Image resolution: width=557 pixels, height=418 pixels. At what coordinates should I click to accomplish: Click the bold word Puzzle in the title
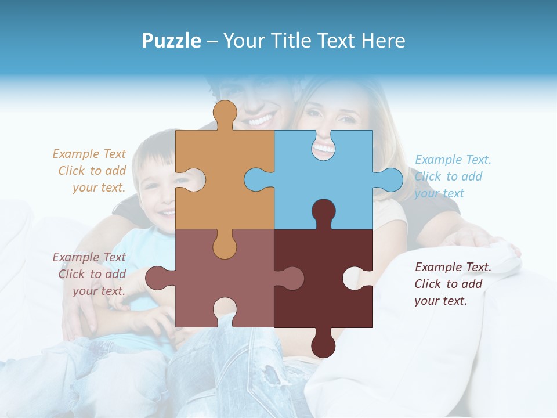(x=172, y=41)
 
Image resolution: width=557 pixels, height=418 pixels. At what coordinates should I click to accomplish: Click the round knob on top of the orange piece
(x=225, y=113)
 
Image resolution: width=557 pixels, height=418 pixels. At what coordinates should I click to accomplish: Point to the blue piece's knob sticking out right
(x=390, y=179)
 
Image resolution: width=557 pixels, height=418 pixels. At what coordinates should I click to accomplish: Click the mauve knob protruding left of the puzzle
(x=158, y=278)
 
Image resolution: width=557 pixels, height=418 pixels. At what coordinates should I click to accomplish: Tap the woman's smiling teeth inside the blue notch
(x=323, y=149)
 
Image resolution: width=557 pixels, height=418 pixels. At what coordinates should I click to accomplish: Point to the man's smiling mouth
(x=260, y=121)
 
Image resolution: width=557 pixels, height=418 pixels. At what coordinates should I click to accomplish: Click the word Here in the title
(x=382, y=41)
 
